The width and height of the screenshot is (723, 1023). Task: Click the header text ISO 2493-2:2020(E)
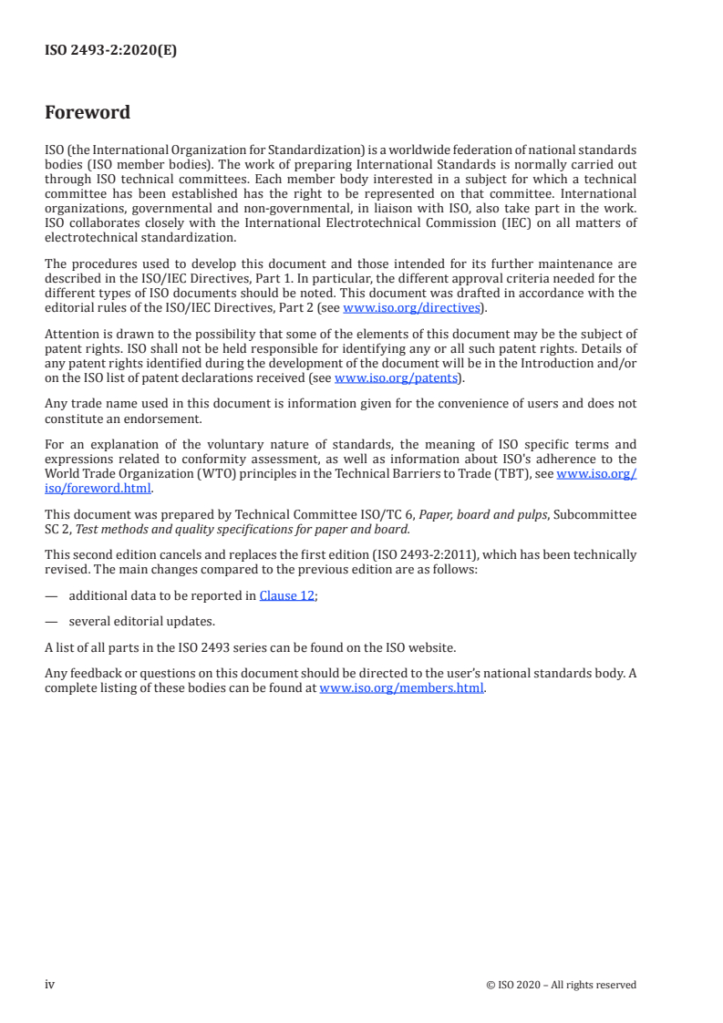click(110, 51)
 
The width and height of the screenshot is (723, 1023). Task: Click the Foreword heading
click(88, 113)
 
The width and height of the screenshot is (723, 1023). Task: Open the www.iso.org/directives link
click(410, 308)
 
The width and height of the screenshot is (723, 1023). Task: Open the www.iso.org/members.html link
click(401, 688)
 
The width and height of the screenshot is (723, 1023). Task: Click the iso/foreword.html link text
click(98, 488)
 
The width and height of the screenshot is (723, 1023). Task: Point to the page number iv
click(50, 984)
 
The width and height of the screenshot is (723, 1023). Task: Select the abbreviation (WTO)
click(212, 474)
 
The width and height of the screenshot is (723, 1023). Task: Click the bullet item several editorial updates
click(141, 622)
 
